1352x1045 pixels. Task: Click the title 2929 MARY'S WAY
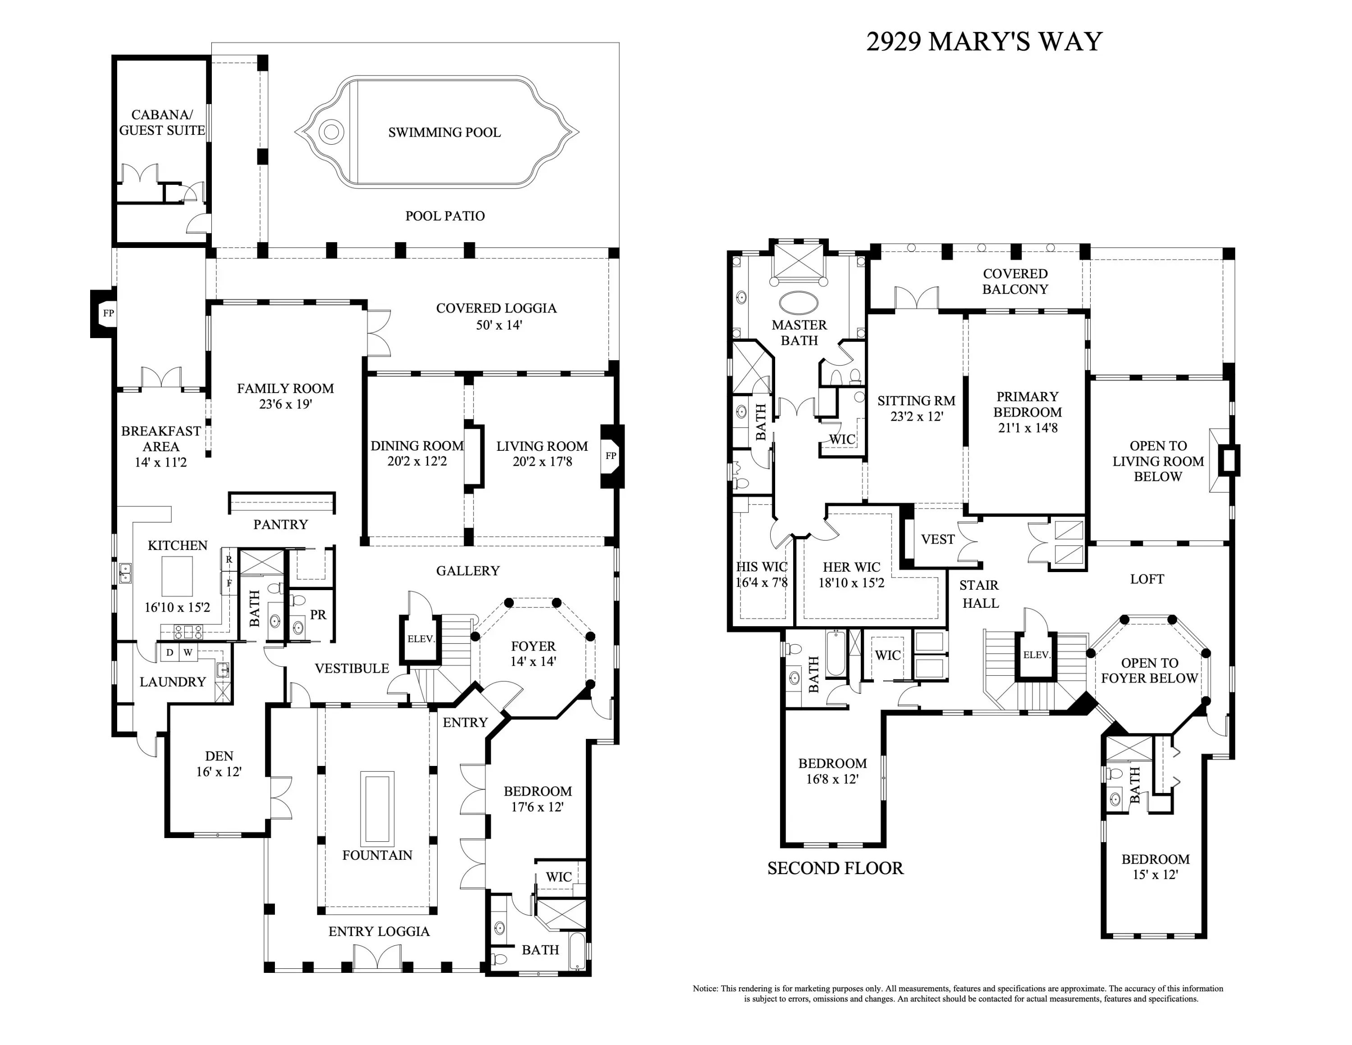(x=984, y=41)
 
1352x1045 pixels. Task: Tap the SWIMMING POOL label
(x=444, y=133)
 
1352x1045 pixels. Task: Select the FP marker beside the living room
(x=611, y=456)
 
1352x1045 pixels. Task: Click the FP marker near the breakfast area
(x=108, y=313)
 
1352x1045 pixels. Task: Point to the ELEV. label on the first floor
(x=421, y=639)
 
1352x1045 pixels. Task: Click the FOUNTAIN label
(x=377, y=855)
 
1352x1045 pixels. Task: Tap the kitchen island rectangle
(x=177, y=576)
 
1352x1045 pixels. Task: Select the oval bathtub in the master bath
(x=799, y=303)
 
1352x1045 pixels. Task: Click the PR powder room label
(x=318, y=615)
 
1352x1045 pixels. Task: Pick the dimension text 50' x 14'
(x=499, y=325)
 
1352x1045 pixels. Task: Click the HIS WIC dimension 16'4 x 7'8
(x=762, y=582)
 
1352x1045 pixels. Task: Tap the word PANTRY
(x=280, y=524)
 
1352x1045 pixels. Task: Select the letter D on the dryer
(x=169, y=652)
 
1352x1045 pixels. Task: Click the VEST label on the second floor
(x=938, y=539)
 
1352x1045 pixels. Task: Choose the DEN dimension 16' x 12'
(x=219, y=772)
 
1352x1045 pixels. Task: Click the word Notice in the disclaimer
(x=705, y=989)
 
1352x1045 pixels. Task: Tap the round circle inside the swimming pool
(x=332, y=132)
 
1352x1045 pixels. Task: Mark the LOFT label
(x=1147, y=579)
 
